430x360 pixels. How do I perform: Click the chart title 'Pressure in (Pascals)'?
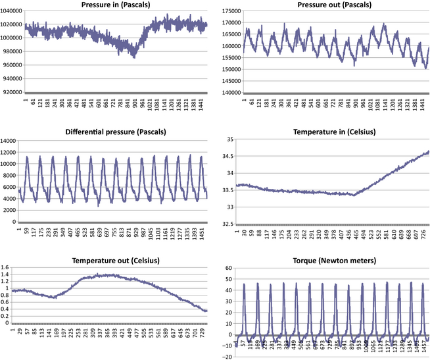[118, 5]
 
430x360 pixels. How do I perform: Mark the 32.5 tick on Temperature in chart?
[227, 224]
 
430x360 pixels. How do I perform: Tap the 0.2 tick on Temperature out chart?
[7, 315]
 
